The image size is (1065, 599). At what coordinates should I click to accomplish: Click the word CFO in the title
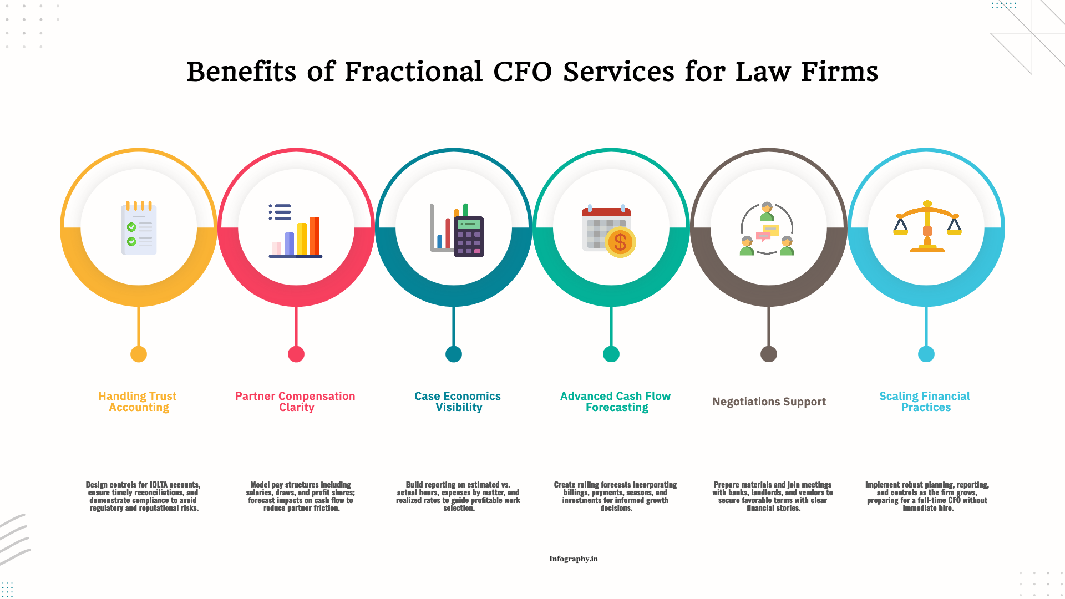[522, 72]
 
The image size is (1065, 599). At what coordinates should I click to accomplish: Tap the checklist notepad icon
[139, 228]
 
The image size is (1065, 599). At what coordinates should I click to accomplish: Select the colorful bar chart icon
[296, 230]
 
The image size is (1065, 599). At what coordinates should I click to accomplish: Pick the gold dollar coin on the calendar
[620, 242]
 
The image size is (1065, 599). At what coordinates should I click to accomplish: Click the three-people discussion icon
[767, 229]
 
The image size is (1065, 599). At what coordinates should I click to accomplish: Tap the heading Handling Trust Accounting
[138, 402]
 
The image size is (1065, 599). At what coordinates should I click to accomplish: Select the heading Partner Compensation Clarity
[296, 402]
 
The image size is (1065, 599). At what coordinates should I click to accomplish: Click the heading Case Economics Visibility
[458, 402]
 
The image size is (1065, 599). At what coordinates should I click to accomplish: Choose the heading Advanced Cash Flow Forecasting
[616, 402]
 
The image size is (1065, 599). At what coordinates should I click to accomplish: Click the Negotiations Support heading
[769, 402]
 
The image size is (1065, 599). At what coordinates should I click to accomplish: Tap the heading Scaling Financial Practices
[925, 402]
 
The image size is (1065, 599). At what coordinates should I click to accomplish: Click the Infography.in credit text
[573, 559]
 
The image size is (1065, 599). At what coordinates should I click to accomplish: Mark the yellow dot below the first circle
[139, 354]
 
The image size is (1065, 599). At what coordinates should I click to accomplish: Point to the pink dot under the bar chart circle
[296, 354]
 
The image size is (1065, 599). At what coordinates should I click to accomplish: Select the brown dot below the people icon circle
[769, 354]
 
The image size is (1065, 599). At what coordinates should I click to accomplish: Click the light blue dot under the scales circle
[926, 354]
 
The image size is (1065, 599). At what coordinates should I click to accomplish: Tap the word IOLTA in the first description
[159, 485]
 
